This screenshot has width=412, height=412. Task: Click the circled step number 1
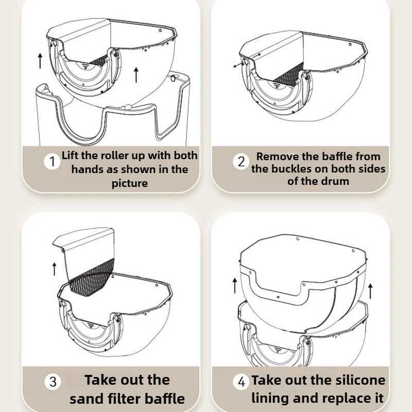52,161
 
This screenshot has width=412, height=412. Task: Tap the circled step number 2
241,161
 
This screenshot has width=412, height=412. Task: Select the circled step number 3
53,382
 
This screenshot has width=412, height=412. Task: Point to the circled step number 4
241,382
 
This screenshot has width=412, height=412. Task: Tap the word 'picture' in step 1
130,183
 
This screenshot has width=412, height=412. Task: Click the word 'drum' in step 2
336,181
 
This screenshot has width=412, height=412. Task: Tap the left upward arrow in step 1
40,61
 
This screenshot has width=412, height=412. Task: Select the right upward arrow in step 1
136,75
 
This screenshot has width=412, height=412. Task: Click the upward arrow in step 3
55,269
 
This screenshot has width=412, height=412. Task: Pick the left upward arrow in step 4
235,286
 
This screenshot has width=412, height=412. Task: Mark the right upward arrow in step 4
370,291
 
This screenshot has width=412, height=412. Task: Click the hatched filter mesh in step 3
92,279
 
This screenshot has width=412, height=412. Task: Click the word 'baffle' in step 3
165,399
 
